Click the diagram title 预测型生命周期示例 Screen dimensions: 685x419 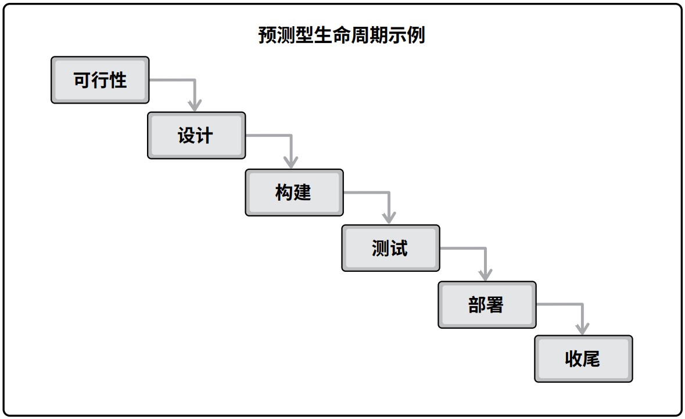click(x=341, y=35)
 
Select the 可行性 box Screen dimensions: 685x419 click(x=100, y=80)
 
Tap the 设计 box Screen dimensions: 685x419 click(x=196, y=136)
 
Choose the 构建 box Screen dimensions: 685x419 click(x=295, y=193)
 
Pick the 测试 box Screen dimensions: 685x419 click(x=390, y=248)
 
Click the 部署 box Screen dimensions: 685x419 click(x=487, y=305)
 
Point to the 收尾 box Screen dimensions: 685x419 click(x=584, y=359)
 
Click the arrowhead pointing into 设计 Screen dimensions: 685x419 click(x=195, y=105)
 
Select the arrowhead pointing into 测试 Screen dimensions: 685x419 click(x=389, y=218)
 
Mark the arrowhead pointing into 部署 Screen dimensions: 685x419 click(x=485, y=274)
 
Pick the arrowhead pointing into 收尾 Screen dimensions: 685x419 click(x=582, y=329)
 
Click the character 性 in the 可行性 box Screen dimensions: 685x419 click(x=119, y=80)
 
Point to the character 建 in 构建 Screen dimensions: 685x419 click(x=302, y=193)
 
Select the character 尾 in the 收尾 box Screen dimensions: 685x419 click(x=591, y=359)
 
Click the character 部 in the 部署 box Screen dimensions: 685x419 click(x=476, y=305)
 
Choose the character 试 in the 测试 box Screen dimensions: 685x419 click(x=399, y=248)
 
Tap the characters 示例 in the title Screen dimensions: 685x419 click(x=406, y=35)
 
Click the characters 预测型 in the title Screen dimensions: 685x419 click(x=286, y=35)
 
